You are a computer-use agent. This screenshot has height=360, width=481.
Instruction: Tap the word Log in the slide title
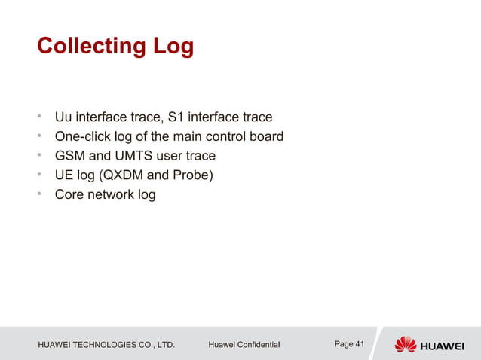click(173, 47)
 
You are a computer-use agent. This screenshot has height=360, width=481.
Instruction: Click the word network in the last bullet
click(112, 195)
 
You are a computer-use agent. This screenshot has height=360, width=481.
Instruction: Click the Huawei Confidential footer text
click(244, 345)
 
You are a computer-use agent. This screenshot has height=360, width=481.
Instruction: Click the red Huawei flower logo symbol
click(406, 344)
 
